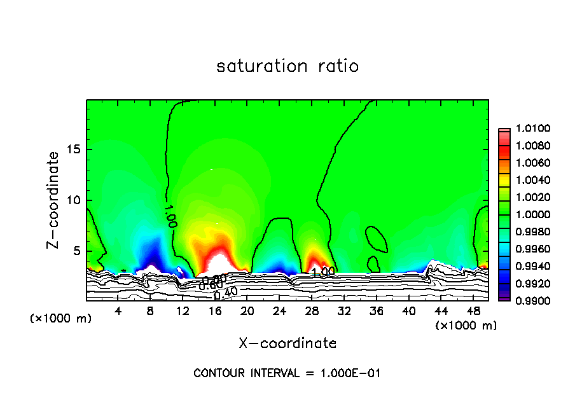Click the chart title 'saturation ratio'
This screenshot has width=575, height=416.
(287, 66)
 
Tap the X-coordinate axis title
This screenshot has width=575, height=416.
(287, 343)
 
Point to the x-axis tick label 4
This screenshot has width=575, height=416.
(118, 311)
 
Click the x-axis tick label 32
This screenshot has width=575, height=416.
(344, 311)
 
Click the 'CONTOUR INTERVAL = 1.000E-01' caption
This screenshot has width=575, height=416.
(287, 373)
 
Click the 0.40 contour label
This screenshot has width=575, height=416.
(226, 294)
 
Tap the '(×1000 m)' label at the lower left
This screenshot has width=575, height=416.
(61, 318)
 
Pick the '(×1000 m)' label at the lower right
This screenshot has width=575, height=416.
(466, 326)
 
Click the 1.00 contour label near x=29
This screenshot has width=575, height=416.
(322, 272)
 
